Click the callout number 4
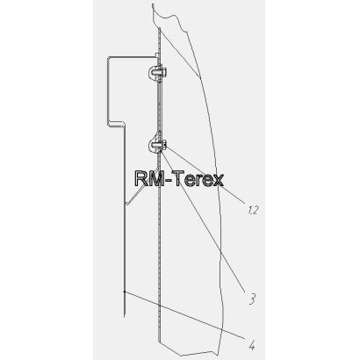tap(252, 345)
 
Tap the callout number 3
tap(252, 299)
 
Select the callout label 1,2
tap(253, 210)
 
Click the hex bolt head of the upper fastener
tap(164, 70)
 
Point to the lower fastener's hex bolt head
tap(164, 144)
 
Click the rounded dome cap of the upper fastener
tap(152, 72)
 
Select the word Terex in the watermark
tap(199, 179)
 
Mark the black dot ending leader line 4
tap(125, 292)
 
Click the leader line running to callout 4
tap(184, 315)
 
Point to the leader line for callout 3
tap(203, 223)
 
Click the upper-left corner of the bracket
tap(109, 57)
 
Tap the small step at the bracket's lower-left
tap(117, 124)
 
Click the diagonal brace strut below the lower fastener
tap(142, 186)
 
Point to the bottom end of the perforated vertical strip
tap(159, 341)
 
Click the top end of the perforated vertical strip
tap(160, 29)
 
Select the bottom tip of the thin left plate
tap(125, 316)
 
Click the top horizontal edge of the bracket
tap(133, 57)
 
